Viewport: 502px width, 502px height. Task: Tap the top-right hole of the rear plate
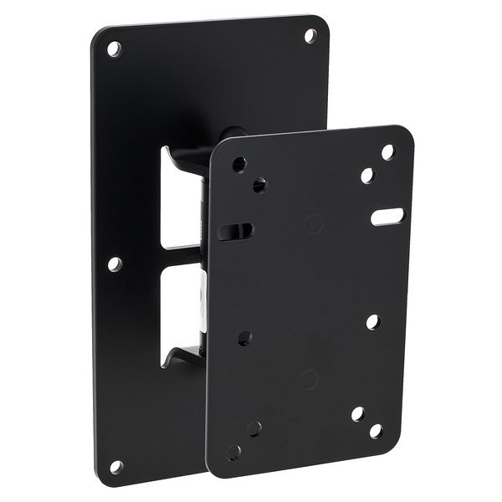tap(310, 35)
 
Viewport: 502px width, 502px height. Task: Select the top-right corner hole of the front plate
tap(388, 152)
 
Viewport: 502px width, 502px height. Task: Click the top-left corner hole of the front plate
tap(239, 163)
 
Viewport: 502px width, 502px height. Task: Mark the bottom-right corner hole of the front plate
tap(376, 430)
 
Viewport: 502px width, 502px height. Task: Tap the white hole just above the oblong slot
tap(366, 177)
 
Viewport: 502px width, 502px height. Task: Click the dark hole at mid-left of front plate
tap(245, 337)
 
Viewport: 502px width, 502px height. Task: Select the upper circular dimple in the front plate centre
tap(314, 223)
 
